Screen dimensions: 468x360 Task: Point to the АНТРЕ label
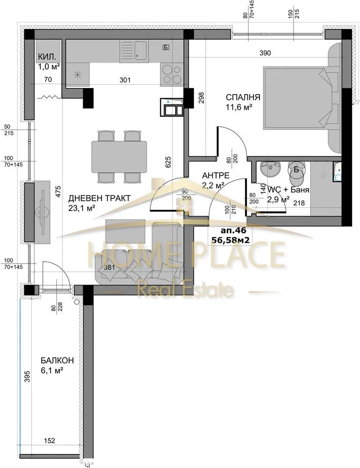pyautogui.click(x=215, y=175)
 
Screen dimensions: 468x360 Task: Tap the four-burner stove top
pyautogui.click(x=172, y=73)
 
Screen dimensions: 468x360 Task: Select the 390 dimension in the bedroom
pyautogui.click(x=265, y=53)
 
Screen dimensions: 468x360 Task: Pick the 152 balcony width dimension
pyautogui.click(x=51, y=439)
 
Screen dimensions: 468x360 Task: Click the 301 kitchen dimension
pyautogui.click(x=125, y=80)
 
